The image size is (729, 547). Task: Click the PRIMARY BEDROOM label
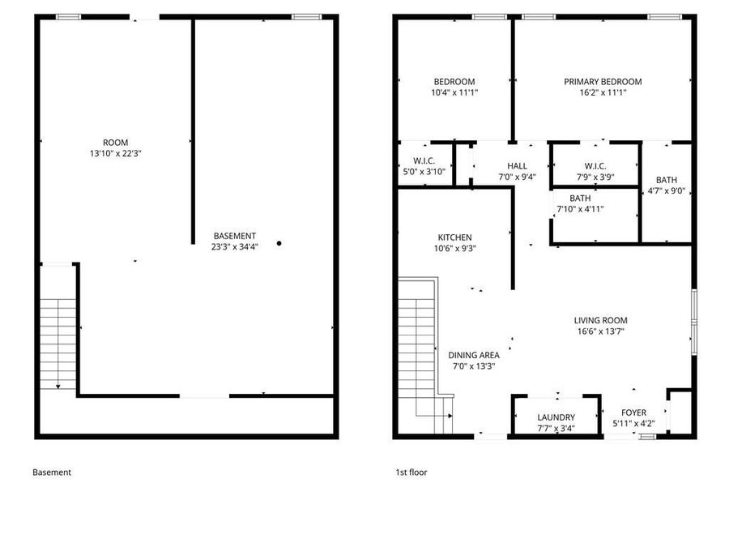603,82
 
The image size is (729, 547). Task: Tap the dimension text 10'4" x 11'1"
454,92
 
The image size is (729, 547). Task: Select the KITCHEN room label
454,237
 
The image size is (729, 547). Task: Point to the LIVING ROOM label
601,320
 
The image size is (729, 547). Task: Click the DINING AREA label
474,355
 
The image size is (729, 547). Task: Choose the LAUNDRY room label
556,417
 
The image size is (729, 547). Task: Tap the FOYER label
633,412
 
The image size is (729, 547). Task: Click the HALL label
517,166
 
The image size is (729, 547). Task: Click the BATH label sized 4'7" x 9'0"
667,180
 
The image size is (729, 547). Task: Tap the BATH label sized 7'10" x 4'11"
579,199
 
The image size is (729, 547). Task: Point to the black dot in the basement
279,243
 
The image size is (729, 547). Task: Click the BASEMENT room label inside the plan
235,236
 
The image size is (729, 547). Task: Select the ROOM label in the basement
115,143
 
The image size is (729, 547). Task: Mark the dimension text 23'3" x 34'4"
235,246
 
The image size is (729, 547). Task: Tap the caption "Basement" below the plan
52,472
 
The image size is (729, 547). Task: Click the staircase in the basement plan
56,340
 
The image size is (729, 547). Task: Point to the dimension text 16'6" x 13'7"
601,331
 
